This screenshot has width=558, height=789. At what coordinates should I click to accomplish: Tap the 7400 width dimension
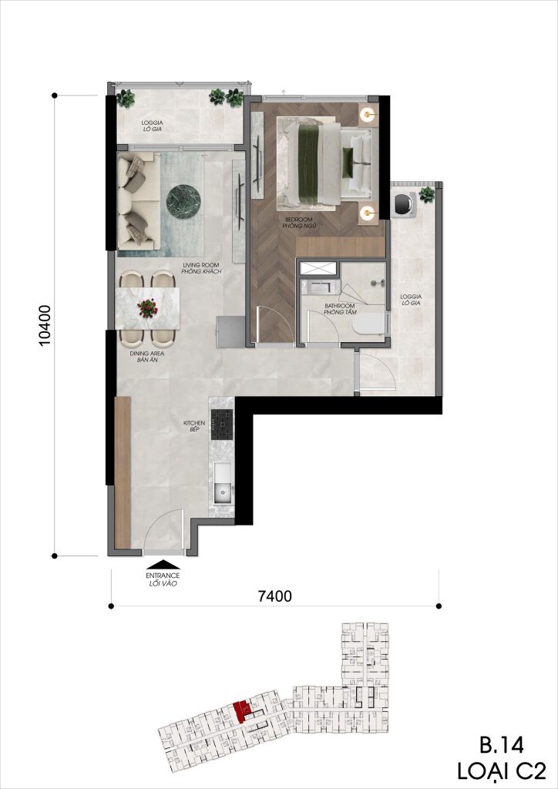tap(274, 596)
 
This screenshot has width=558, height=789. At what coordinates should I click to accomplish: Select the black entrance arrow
tap(163, 565)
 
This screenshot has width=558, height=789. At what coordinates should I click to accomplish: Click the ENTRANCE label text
tap(163, 576)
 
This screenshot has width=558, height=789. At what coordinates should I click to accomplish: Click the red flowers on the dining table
tap(147, 308)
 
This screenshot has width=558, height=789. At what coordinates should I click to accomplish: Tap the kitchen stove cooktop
tap(222, 425)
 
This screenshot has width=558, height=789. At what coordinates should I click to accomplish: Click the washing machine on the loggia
tap(405, 203)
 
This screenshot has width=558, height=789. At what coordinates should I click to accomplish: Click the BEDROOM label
tap(299, 220)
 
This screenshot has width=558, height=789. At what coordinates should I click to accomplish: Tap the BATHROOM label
tap(341, 306)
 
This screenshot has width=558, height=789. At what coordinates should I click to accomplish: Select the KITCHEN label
tap(195, 425)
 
